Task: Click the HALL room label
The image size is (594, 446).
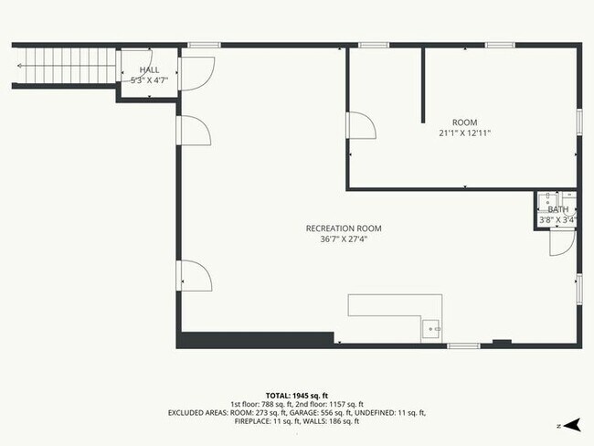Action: point(149,69)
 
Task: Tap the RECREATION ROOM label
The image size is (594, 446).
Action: point(344,228)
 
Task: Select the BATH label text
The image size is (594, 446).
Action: point(557,209)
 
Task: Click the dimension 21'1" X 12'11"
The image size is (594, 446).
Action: point(465,133)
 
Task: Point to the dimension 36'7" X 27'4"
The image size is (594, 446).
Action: point(344,240)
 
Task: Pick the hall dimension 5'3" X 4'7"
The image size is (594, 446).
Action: point(149,80)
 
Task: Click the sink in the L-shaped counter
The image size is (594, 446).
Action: point(431,328)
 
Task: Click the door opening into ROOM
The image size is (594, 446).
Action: point(360,126)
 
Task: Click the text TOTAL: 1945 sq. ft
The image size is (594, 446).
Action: point(297,394)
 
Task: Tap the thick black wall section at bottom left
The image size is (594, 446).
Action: point(255,340)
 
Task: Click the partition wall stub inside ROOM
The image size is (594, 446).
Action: point(422,84)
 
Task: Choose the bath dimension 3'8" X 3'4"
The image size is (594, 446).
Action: point(557,219)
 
